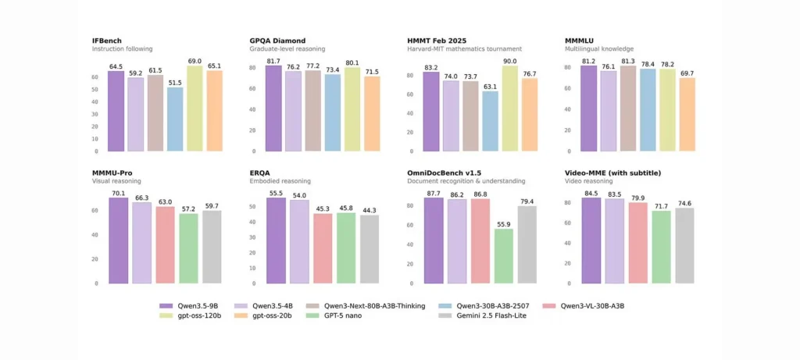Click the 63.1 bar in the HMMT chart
[x=490, y=121]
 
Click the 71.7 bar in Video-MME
[x=661, y=247]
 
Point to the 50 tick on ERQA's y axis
[x=252, y=207]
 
